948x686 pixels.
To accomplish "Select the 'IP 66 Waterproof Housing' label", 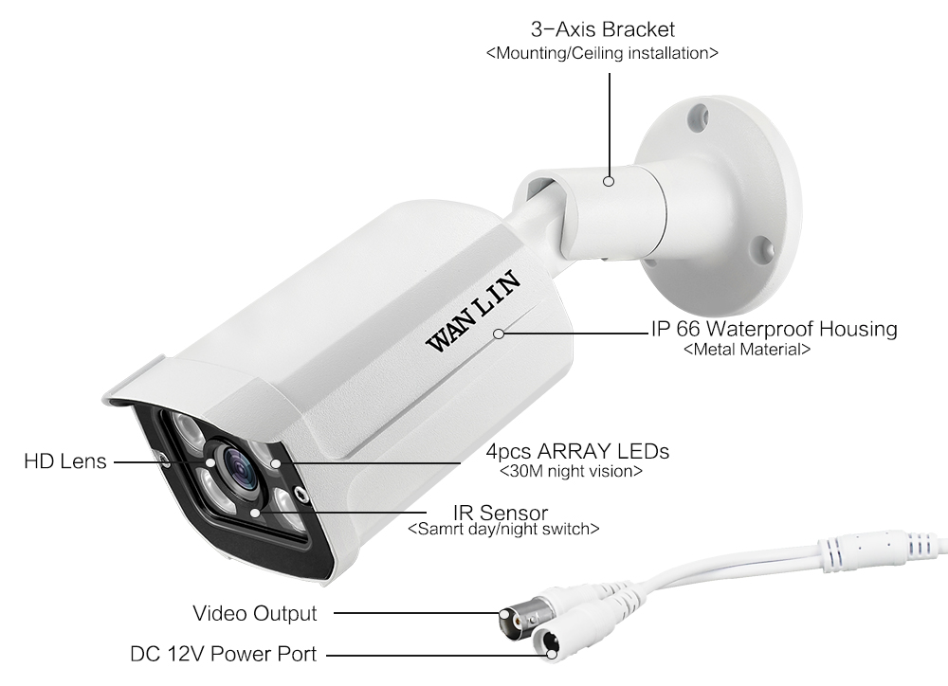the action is pyautogui.click(x=774, y=330).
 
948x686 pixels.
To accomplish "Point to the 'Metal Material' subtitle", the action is pyautogui.click(x=747, y=350).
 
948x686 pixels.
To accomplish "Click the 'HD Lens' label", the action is pyautogui.click(x=65, y=461).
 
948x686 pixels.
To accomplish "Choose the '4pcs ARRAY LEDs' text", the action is pyautogui.click(x=577, y=450).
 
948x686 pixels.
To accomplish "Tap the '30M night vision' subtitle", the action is pyautogui.click(x=571, y=471).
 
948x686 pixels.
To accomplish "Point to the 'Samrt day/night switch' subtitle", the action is pyautogui.click(x=502, y=530).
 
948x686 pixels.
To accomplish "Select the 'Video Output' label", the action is pyautogui.click(x=255, y=613).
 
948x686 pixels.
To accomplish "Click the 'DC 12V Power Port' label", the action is pyautogui.click(x=223, y=654).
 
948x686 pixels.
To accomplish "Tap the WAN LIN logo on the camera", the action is pyautogui.click(x=470, y=311).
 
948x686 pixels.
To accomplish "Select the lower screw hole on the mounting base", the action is pyautogui.click(x=758, y=248).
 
